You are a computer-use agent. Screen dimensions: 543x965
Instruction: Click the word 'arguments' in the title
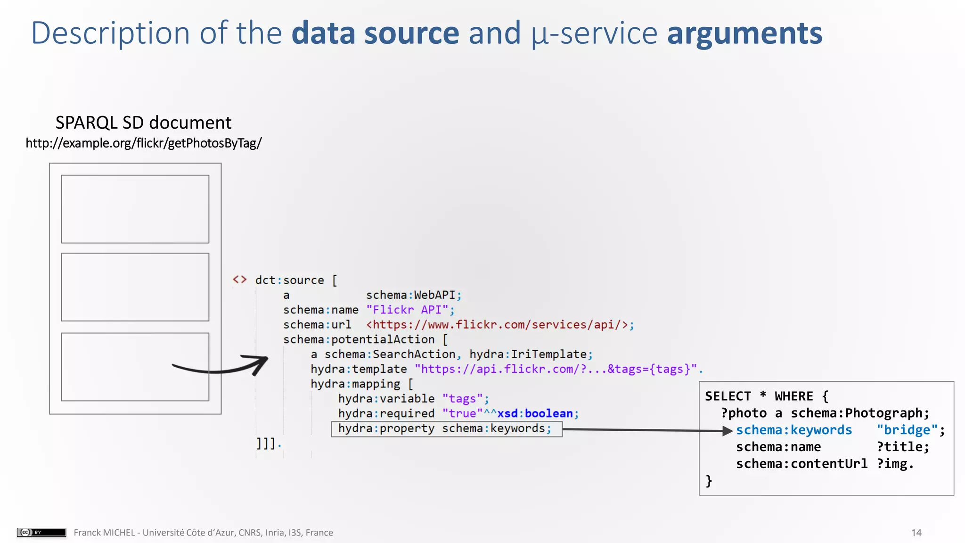point(744,34)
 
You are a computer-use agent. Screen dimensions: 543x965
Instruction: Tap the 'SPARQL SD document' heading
point(143,123)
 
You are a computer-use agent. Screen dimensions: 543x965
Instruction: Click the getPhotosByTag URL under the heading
point(143,143)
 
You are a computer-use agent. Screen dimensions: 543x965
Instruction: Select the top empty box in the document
point(135,209)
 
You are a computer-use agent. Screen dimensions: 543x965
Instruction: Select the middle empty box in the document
point(135,287)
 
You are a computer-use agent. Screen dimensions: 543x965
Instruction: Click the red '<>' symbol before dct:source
point(239,280)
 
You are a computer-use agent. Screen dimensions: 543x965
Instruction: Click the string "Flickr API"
point(407,310)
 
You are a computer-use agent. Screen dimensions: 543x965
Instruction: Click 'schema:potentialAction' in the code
point(359,339)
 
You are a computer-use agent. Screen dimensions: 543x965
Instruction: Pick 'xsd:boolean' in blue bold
point(535,413)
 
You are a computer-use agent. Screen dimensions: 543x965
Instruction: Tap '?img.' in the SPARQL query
point(895,464)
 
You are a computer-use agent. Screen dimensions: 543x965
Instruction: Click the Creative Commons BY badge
point(41,532)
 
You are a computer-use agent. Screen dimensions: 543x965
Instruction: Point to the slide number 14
point(916,533)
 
